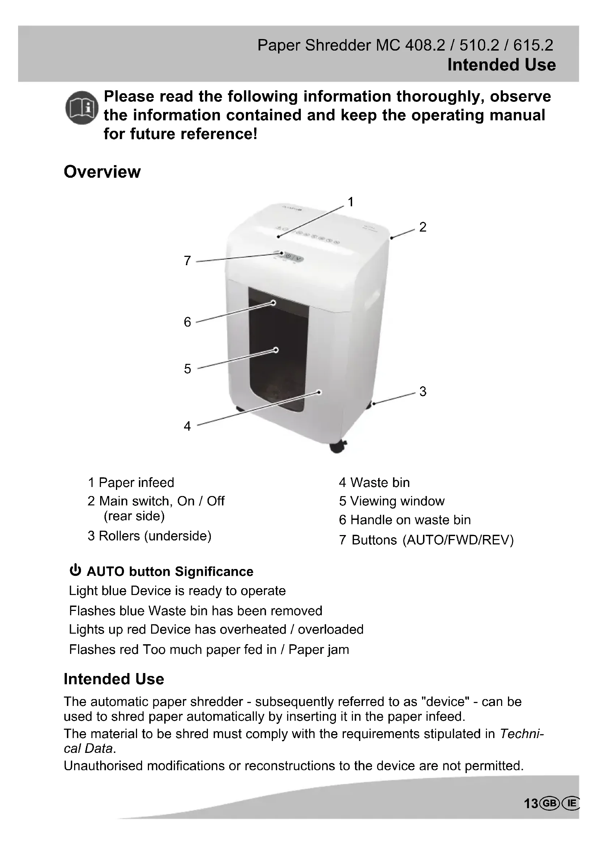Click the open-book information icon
click(82, 107)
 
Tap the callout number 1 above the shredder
click(351, 202)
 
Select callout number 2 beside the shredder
click(423, 227)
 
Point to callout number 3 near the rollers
click(423, 391)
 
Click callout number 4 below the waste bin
click(187, 426)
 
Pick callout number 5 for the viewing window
click(187, 369)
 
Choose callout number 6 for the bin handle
click(187, 322)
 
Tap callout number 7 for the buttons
click(187, 260)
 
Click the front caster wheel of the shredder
click(338, 447)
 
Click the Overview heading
click(102, 172)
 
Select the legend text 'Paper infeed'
click(136, 483)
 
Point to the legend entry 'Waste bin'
click(380, 483)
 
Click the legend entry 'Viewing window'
click(397, 501)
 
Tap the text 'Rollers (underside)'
click(155, 536)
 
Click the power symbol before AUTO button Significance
click(75, 570)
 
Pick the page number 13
click(531, 804)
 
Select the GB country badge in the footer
click(550, 803)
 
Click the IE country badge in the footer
click(571, 803)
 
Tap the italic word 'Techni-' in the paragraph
click(521, 734)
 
